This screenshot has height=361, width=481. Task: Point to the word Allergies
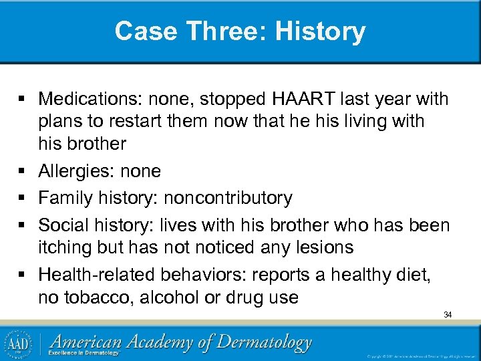(75, 171)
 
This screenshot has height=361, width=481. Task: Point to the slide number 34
(448, 314)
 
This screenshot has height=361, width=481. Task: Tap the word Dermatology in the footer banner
(257, 343)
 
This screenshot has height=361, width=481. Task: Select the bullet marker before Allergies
(23, 172)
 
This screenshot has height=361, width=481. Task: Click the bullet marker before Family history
(23, 199)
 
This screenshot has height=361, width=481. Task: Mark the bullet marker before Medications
(23, 100)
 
